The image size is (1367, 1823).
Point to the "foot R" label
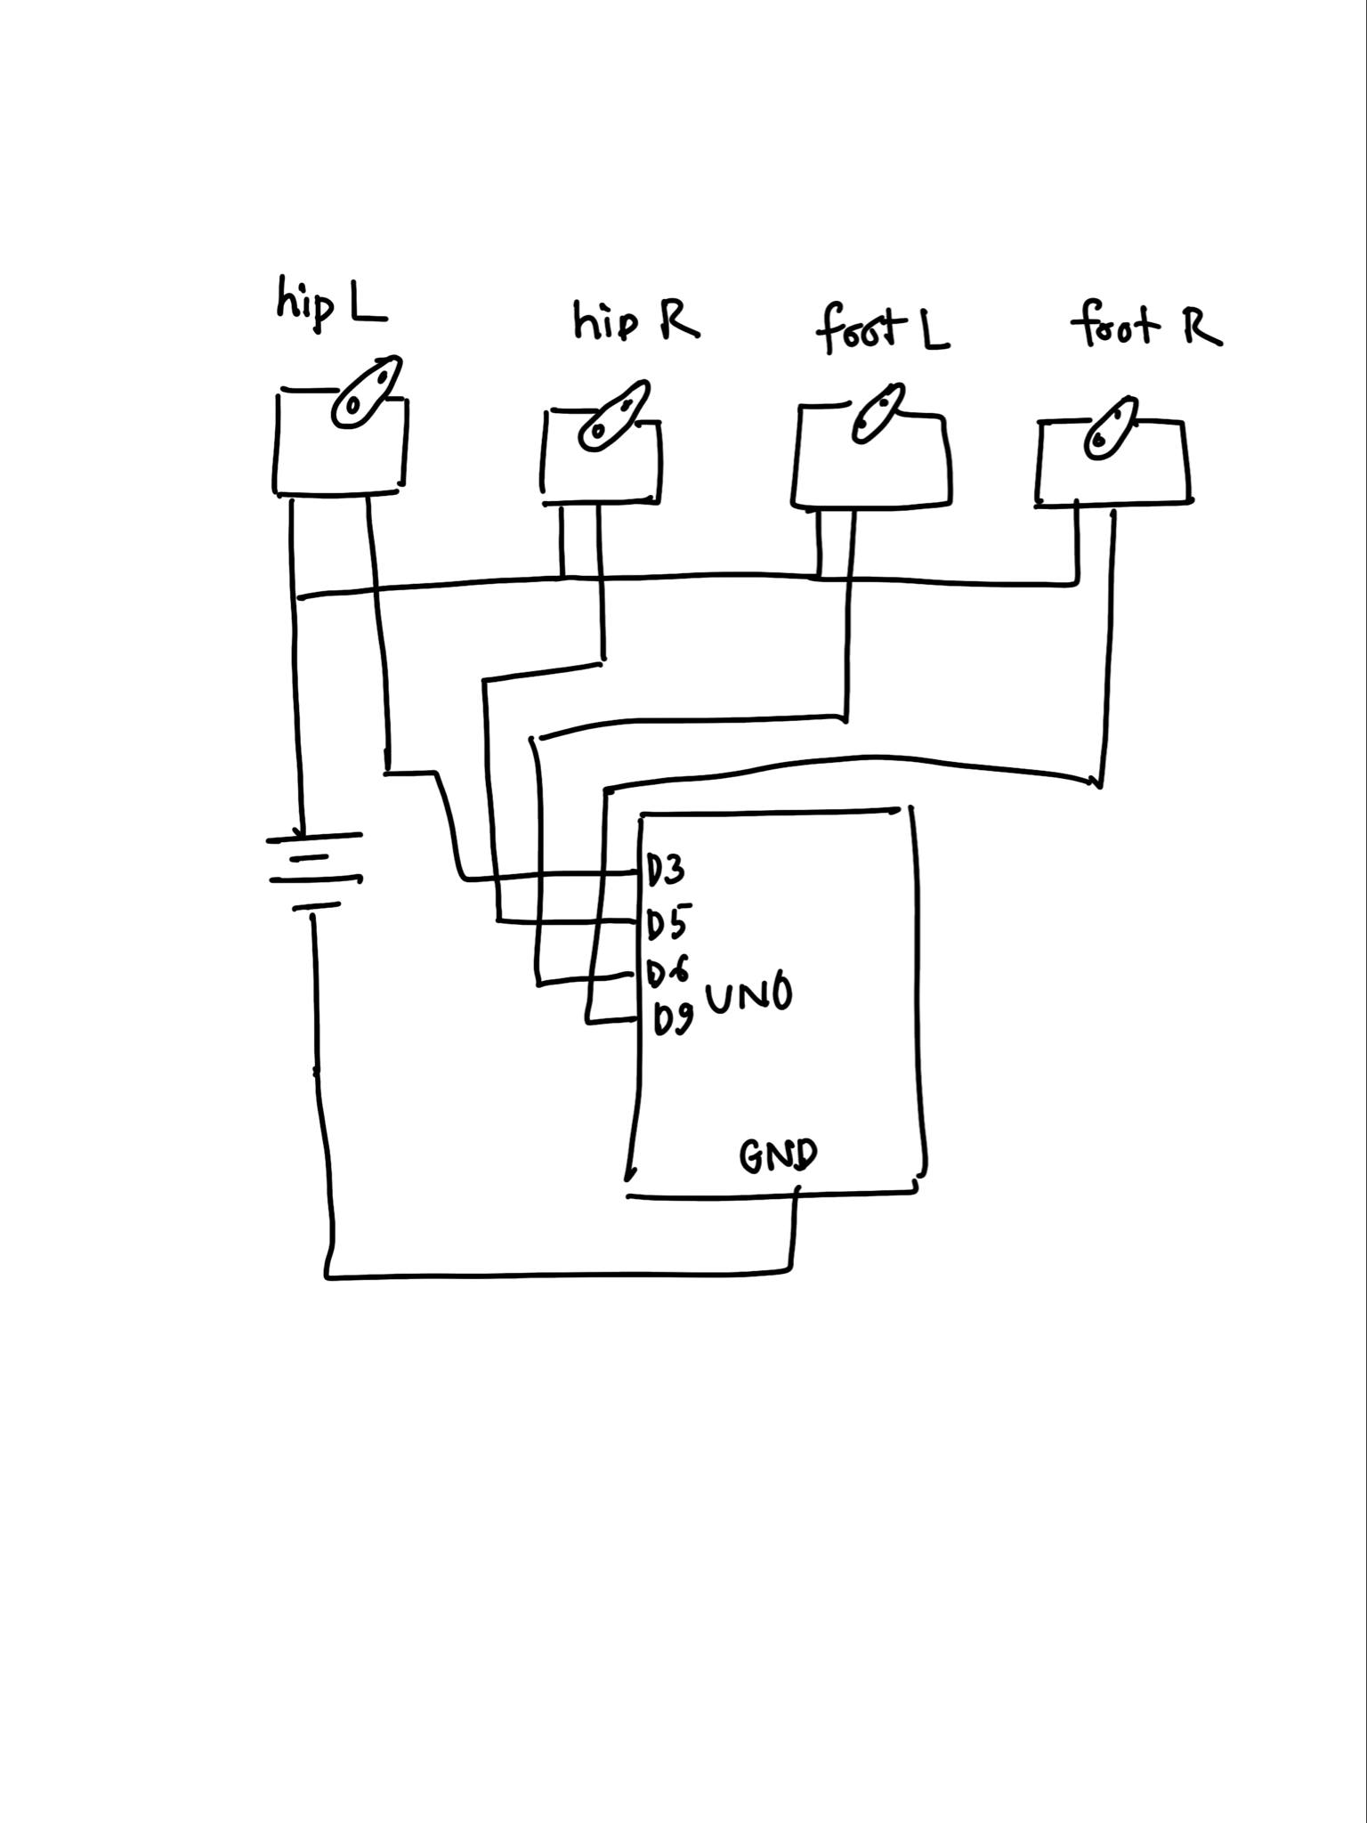[1145, 326]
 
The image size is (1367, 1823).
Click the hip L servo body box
[339, 454]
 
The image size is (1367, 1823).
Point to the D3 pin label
[666, 870]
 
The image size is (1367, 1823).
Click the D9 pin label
[673, 1019]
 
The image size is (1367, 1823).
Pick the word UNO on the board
[748, 997]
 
